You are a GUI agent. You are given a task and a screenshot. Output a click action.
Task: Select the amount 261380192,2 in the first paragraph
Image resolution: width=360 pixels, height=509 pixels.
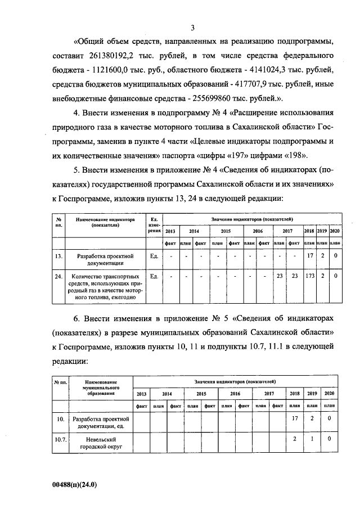coord(112,57)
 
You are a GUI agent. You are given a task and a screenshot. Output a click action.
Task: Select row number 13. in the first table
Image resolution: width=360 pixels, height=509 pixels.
coord(58,256)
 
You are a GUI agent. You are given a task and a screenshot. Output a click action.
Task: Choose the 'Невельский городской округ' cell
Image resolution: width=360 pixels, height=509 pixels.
coord(101,444)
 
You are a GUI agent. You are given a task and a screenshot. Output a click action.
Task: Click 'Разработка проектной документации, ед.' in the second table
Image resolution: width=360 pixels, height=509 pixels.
coord(101,423)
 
